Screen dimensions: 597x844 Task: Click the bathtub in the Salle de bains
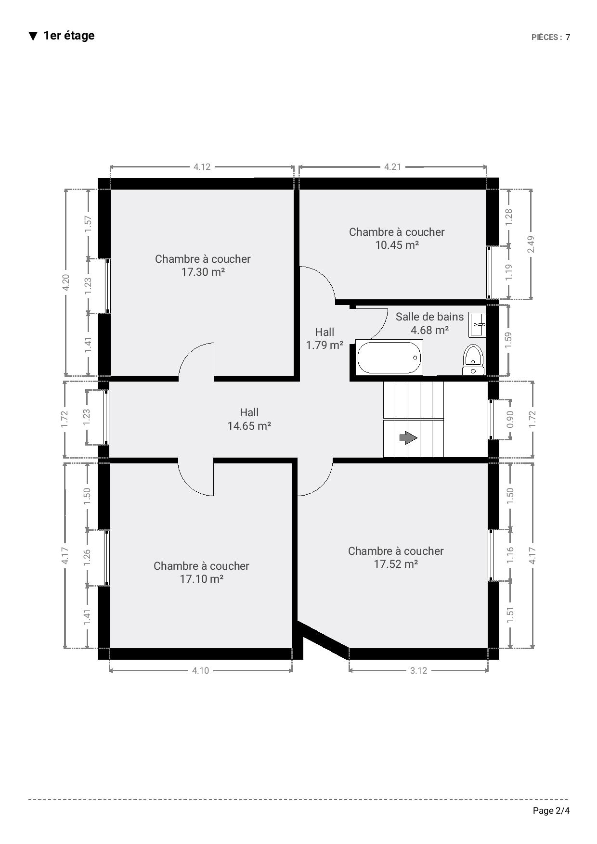coord(389,357)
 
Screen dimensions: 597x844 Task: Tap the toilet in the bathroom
coord(473,359)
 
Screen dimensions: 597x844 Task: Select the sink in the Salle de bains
coord(477,325)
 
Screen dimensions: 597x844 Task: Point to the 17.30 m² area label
coord(203,272)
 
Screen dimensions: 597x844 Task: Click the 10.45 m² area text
coord(397,245)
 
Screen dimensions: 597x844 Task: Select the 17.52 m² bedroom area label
coord(396,564)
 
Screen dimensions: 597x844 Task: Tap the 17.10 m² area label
coord(201,579)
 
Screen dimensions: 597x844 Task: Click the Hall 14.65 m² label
coord(249,419)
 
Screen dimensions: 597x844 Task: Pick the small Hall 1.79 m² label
coord(324,338)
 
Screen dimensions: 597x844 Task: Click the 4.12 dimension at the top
coord(202,167)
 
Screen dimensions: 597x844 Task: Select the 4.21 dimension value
coord(392,167)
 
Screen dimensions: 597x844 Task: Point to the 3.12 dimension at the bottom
coord(418,670)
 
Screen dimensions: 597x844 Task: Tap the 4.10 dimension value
coord(200,670)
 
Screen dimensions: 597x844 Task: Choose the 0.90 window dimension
coord(510,419)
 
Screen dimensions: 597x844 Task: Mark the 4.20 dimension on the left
coord(66,282)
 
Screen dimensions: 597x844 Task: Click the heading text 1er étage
coord(69,36)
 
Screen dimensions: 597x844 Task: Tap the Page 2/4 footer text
coord(551,811)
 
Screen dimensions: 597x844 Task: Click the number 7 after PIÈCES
coord(568,37)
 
